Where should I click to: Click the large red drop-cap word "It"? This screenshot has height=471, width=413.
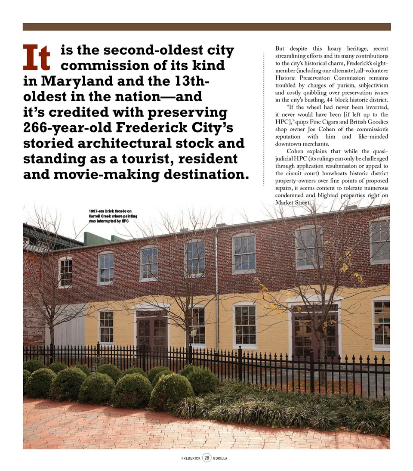37,57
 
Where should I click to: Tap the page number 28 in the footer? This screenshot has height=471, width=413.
206,458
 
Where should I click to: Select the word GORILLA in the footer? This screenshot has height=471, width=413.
220,458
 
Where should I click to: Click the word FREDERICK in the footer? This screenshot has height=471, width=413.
191,458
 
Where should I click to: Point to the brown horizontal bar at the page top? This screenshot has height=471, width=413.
206,27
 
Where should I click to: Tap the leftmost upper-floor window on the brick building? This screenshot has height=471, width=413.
65,272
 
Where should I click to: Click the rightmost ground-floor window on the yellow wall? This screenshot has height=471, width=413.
381,324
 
